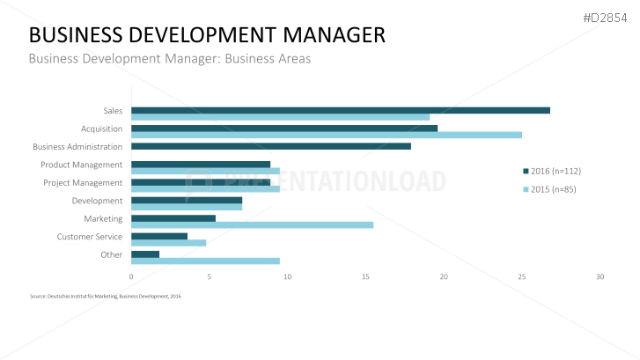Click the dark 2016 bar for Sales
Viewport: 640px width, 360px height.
[340, 110]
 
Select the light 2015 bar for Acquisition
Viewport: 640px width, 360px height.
[326, 135]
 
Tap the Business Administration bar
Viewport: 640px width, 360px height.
[270, 146]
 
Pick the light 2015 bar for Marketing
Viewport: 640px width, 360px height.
[252, 224]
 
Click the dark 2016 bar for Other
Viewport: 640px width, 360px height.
[145, 254]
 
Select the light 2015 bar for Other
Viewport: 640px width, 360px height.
[205, 261]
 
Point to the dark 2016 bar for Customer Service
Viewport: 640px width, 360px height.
[159, 236]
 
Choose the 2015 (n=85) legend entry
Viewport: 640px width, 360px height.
[549, 189]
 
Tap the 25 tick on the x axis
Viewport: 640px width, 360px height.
[522, 276]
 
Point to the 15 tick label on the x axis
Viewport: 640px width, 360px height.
[365, 276]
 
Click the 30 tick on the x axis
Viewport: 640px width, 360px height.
[600, 276]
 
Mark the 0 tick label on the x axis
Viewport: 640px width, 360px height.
[131, 276]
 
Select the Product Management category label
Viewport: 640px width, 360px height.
[81, 165]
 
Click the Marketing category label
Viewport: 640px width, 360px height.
[103, 218]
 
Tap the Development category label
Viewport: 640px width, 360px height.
[97, 201]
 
